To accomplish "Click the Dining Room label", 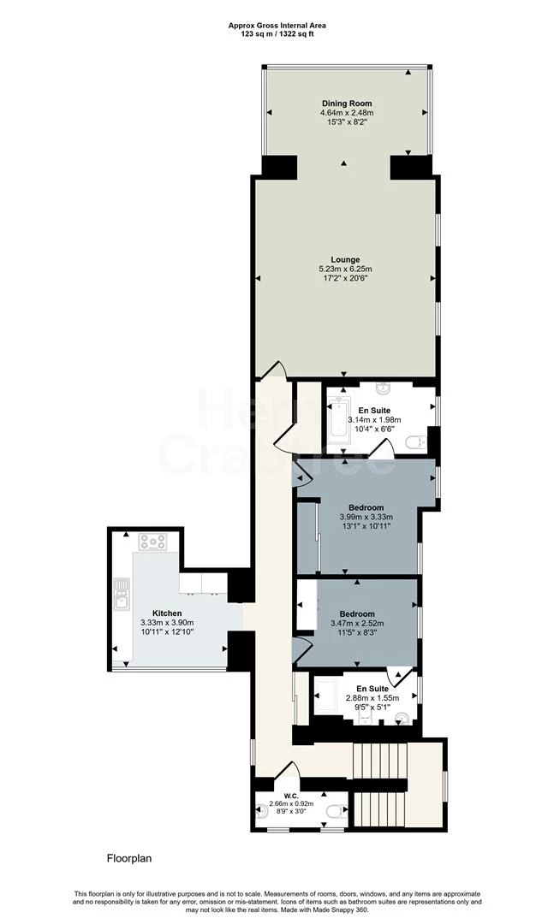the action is [x=346, y=104].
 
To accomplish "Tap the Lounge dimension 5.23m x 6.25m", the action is [x=345, y=269].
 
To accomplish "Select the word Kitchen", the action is [x=167, y=613].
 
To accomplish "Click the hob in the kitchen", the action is [x=153, y=541].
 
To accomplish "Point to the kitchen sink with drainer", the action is [x=122, y=593].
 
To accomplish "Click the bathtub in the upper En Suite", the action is [x=339, y=419].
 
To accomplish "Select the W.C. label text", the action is [x=291, y=796].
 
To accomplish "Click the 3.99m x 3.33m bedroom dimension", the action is [x=366, y=517].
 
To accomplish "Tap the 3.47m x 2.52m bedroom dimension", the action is [x=358, y=624].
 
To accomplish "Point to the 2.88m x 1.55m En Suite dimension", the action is [x=372, y=698].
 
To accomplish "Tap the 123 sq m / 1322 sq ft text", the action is [x=277, y=34].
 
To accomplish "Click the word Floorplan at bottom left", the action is [x=129, y=859].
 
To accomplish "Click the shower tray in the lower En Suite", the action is [x=326, y=696].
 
